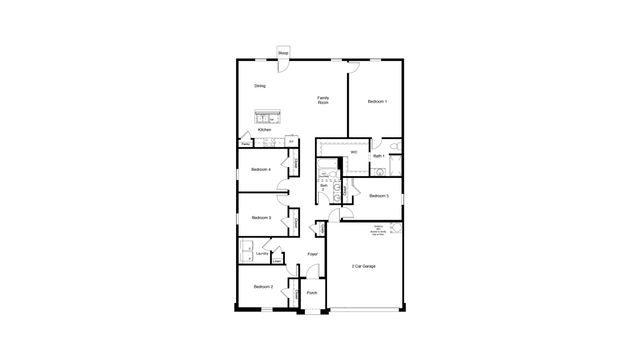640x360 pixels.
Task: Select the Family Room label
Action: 323,100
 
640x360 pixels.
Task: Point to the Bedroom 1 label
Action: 377,102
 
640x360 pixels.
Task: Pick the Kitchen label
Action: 264,130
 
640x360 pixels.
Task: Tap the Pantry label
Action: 245,145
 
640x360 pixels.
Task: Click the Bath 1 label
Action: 378,157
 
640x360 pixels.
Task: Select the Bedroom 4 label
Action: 262,169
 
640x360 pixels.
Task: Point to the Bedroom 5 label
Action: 378,196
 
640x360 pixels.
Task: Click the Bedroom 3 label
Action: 262,218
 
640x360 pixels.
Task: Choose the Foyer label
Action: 313,255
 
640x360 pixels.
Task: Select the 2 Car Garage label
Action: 363,266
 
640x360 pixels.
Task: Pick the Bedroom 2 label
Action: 262,287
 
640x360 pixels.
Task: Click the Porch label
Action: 312,293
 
